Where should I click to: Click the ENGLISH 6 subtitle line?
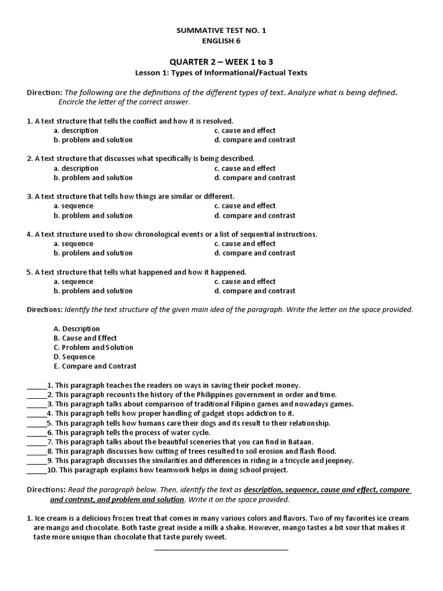pos(221,40)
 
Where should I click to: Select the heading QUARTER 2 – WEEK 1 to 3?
pos(221,62)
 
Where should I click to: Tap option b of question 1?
pos(93,140)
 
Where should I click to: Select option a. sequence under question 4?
pos(73,244)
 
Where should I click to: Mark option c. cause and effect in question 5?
pos(245,282)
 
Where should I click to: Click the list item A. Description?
pos(77,328)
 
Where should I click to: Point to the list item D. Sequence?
pos(74,357)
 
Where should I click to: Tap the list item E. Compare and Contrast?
pos(95,366)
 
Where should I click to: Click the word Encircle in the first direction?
pos(73,102)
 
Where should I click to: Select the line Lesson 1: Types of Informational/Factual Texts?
pos(221,73)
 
